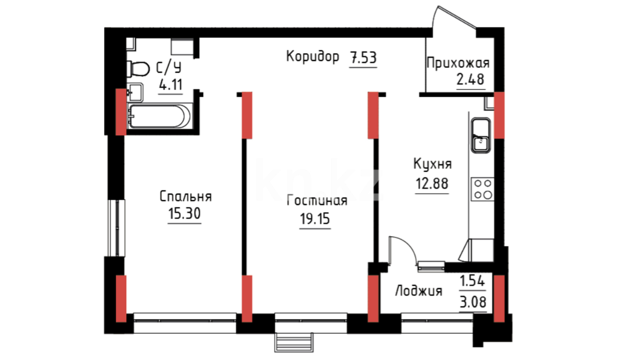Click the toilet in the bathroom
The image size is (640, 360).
(138, 69)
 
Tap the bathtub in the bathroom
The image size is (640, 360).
(160, 116)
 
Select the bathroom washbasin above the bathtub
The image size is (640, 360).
(135, 92)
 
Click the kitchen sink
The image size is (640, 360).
(480, 135)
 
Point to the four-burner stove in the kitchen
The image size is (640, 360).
(482, 189)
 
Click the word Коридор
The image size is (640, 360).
(313, 57)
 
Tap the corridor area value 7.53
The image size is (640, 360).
(363, 58)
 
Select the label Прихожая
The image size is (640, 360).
(458, 63)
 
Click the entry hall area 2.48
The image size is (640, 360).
(470, 80)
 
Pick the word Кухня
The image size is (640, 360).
(432, 164)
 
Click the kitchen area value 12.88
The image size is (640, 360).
(432, 183)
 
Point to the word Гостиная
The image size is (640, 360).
(317, 200)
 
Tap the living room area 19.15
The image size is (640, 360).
(315, 219)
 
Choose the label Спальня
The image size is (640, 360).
(186, 196)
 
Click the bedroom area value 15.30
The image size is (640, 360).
(184, 213)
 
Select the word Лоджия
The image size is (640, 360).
(419, 291)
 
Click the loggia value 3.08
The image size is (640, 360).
(473, 302)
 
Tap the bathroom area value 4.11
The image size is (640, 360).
(171, 85)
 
